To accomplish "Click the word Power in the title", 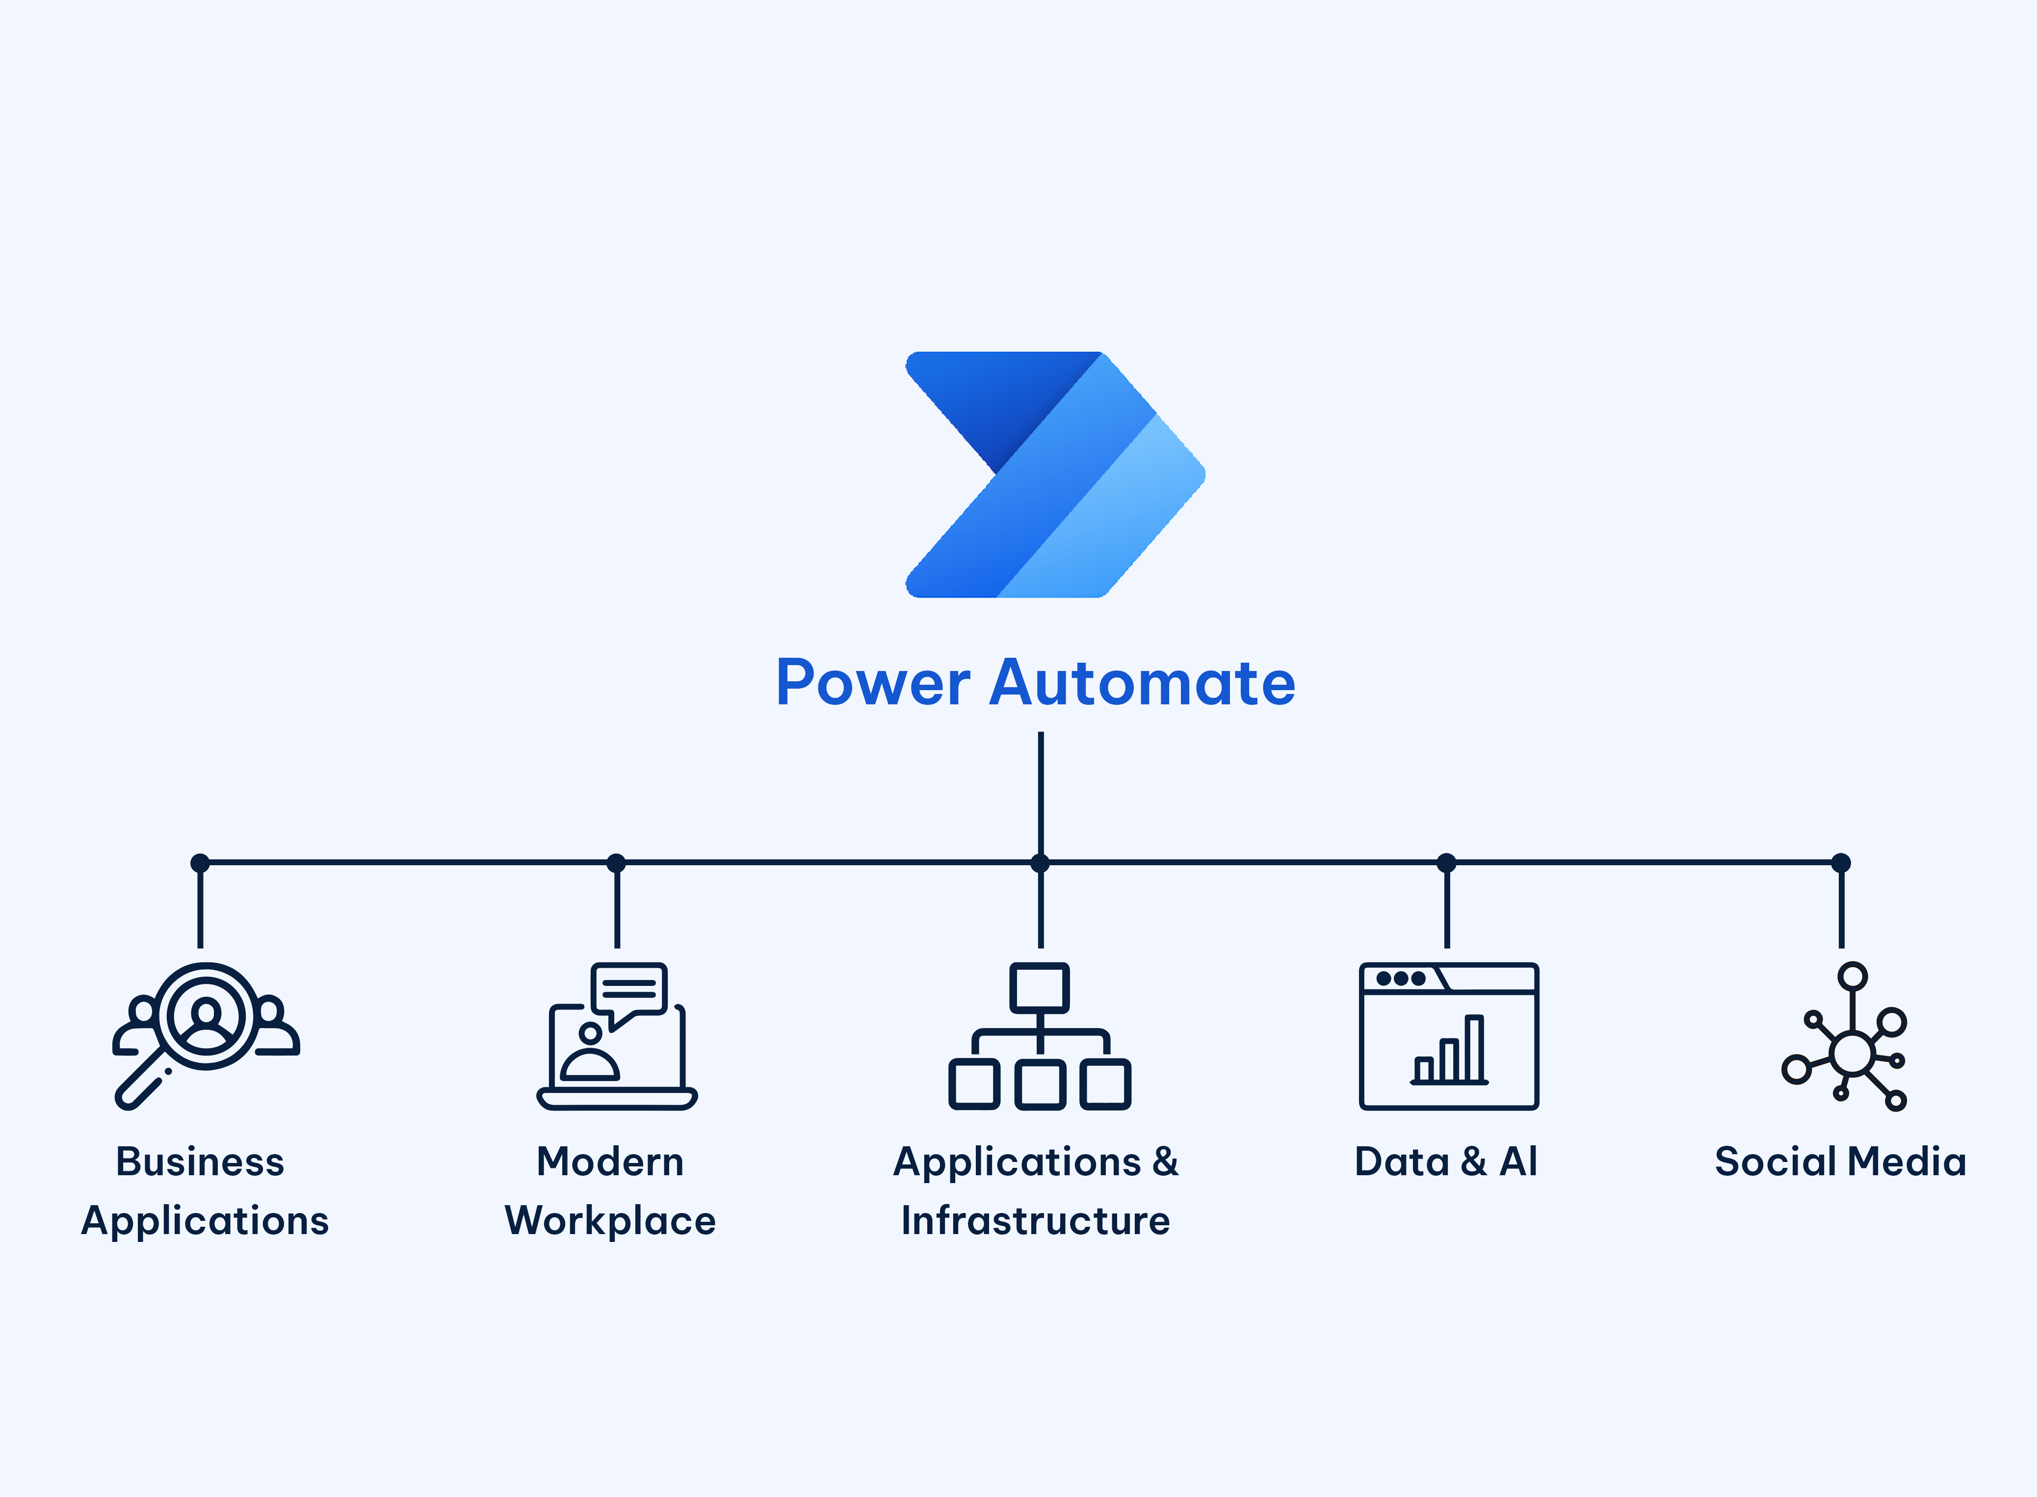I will tap(873, 683).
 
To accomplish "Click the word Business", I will tap(200, 1161).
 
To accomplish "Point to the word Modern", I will tap(610, 1161).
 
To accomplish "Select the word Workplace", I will tap(610, 1221).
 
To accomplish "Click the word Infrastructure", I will tap(1036, 1221).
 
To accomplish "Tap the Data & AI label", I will tap(1446, 1161).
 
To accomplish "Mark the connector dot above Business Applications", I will tap(200, 863).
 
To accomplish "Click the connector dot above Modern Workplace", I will tap(616, 863).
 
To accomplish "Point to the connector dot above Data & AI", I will tap(1446, 863).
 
